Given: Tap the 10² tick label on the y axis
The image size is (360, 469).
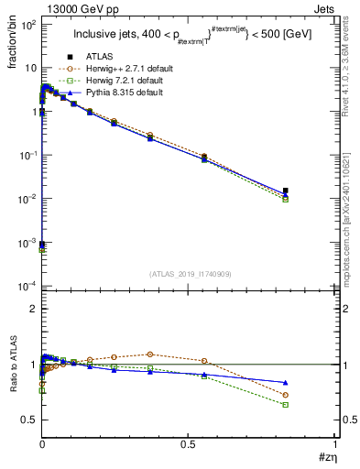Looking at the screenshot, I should click(x=27, y=25).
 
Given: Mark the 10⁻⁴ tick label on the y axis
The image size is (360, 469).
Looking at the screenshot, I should click(x=26, y=286).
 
